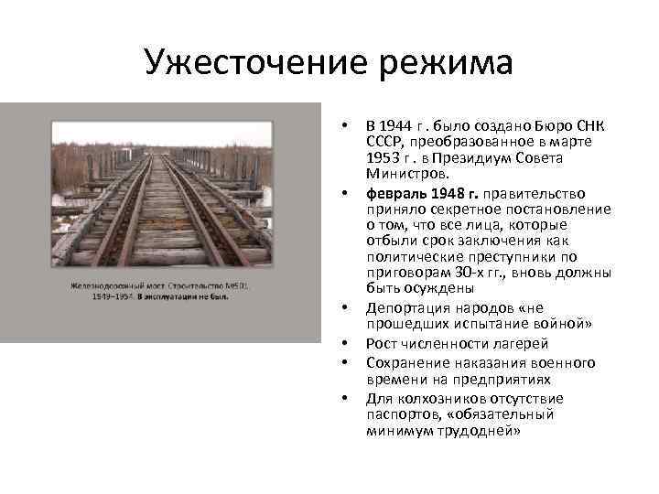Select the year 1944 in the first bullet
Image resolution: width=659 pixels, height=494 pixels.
(x=395, y=125)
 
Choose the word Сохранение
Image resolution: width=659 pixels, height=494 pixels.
(x=406, y=362)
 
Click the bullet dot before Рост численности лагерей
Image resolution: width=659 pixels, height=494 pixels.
(x=344, y=344)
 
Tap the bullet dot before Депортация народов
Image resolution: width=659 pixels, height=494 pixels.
(x=344, y=309)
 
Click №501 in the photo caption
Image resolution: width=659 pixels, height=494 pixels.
(x=237, y=286)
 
